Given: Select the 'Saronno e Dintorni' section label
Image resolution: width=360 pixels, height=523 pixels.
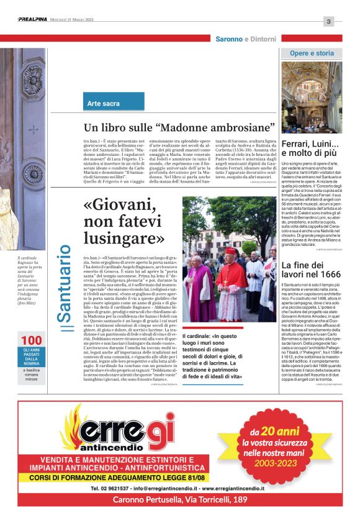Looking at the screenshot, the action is (x=246, y=39).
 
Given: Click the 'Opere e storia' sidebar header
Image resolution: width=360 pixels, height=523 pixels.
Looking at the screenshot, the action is (x=312, y=53).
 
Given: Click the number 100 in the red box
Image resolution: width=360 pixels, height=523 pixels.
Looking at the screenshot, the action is (x=31, y=340).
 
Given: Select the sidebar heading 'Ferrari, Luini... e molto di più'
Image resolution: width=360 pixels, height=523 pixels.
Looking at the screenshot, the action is (x=311, y=148).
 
